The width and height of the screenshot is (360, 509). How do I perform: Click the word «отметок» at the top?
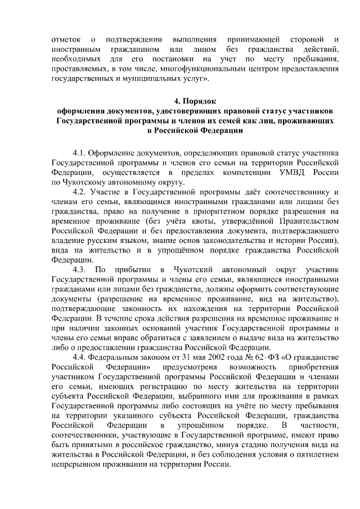tap(65, 40)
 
